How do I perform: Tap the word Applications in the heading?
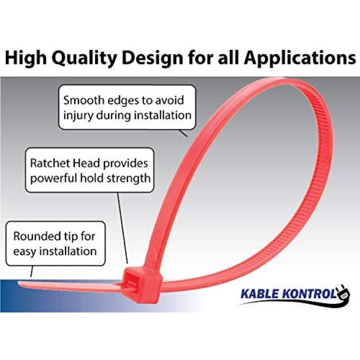click(x=300, y=59)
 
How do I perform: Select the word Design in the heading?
click(x=154, y=59)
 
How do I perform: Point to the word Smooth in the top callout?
click(x=84, y=100)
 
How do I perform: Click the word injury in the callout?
click(x=78, y=116)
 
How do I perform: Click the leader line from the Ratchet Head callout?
click(x=123, y=228)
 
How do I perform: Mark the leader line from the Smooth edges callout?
click(x=183, y=133)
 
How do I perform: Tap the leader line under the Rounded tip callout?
click(x=32, y=271)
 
